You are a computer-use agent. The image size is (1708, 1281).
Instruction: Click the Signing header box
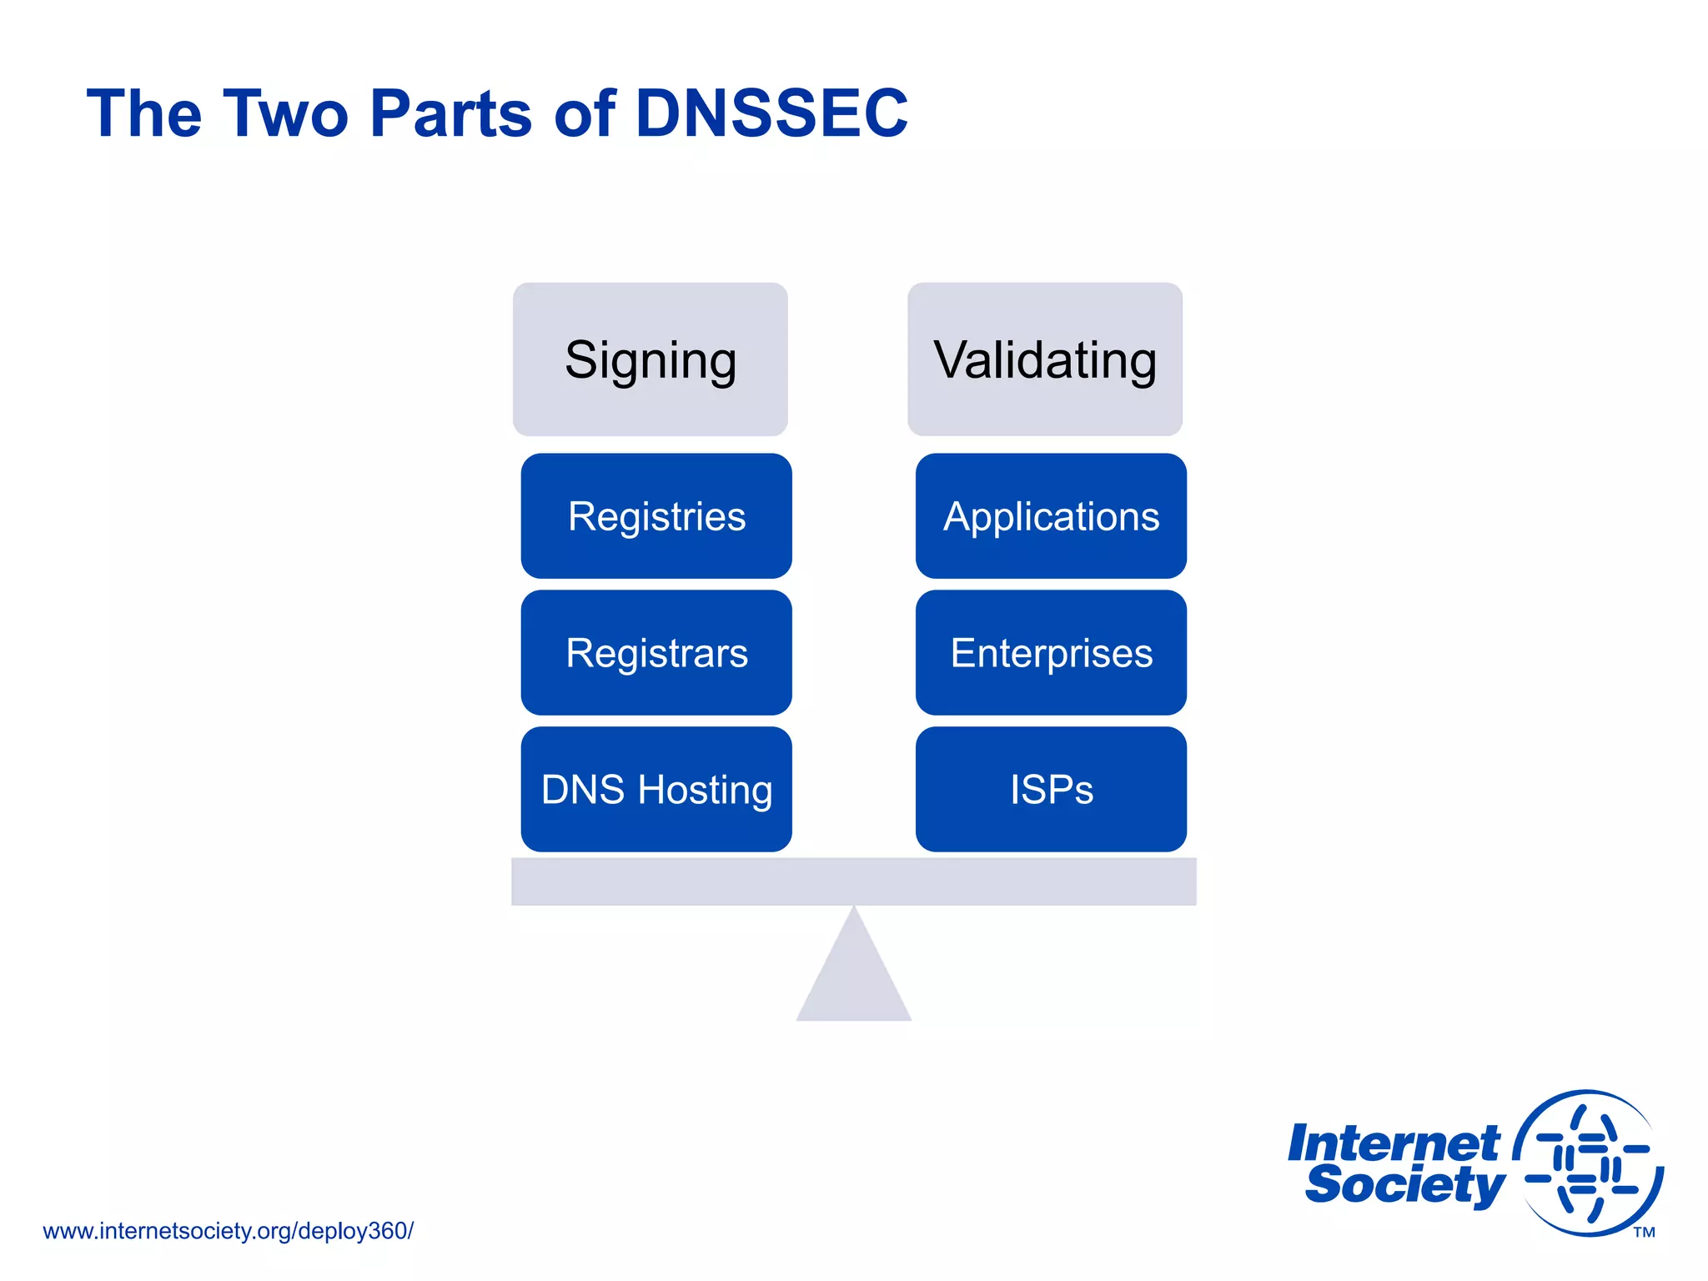(x=650, y=359)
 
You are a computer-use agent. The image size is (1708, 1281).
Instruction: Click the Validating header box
(x=1044, y=359)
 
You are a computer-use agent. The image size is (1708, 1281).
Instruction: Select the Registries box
(x=656, y=516)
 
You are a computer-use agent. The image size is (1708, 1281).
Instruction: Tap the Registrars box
(x=656, y=653)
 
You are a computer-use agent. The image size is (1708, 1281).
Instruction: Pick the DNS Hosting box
(x=656, y=789)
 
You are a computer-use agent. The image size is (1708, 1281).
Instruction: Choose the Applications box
(x=1051, y=516)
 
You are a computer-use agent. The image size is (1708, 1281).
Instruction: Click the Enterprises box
(x=1051, y=653)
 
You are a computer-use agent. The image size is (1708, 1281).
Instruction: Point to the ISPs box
(x=1051, y=789)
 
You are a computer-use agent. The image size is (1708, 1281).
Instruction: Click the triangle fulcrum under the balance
(x=853, y=976)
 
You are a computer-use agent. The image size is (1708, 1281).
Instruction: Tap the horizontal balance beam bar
(x=853, y=882)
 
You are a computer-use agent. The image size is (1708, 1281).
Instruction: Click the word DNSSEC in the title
(x=771, y=113)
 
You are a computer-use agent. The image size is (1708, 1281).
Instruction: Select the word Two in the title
(x=285, y=113)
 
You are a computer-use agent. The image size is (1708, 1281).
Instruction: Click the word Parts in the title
(x=450, y=113)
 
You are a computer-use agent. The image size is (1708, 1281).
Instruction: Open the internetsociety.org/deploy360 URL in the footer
(x=228, y=1231)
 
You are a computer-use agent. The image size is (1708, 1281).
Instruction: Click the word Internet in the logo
(x=1394, y=1143)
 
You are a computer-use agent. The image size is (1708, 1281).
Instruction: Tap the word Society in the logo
(x=1405, y=1185)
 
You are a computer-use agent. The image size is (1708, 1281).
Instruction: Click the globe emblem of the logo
(x=1588, y=1163)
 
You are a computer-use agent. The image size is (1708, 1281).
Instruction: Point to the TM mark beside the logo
(x=1644, y=1233)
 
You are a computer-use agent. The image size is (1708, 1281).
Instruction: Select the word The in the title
(x=144, y=113)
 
